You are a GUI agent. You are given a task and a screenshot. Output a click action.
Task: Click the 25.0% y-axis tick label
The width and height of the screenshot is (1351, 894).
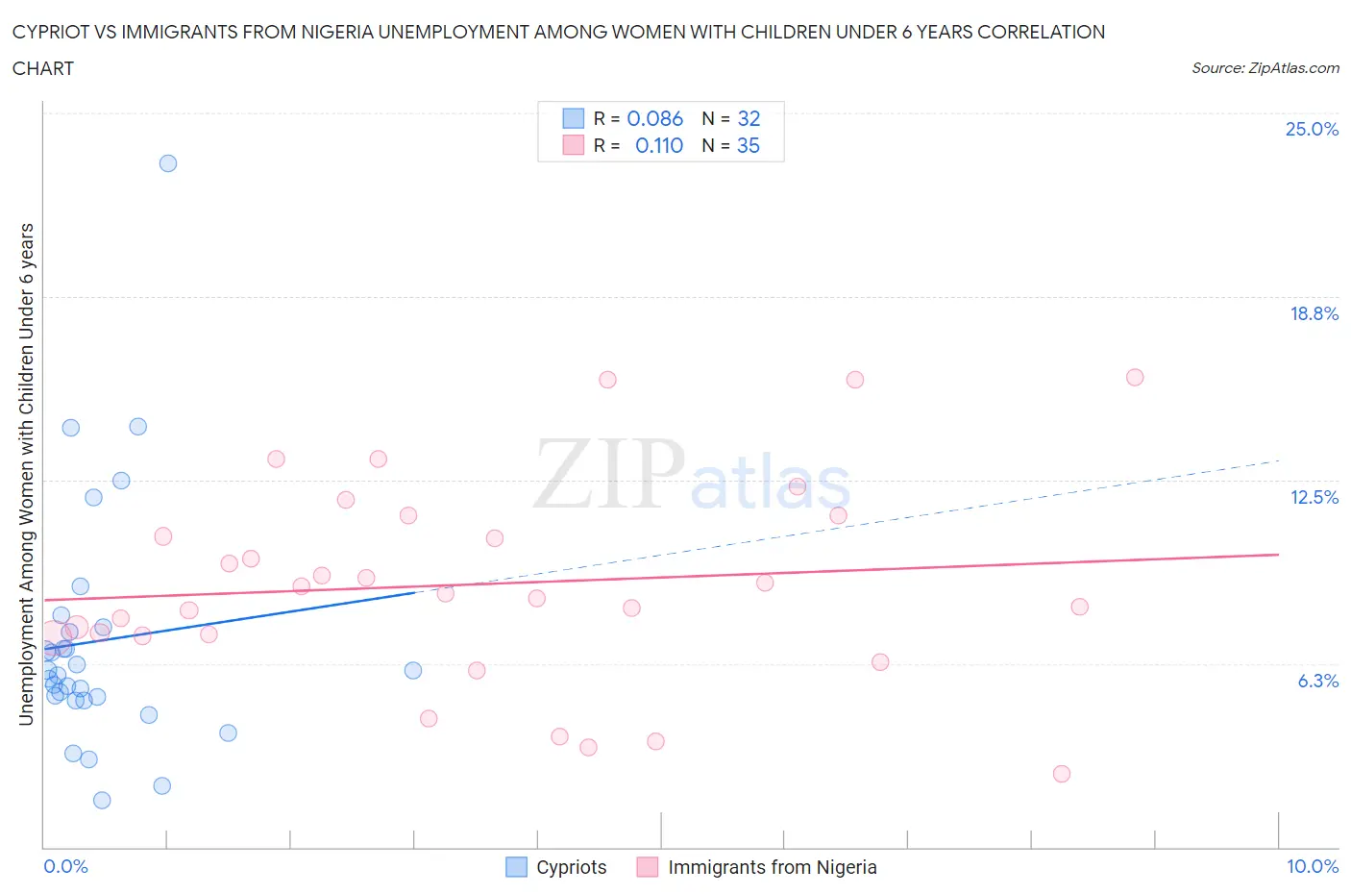pos(1312,129)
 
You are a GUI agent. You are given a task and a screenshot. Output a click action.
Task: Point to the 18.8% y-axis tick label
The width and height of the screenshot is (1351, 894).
pos(1314,313)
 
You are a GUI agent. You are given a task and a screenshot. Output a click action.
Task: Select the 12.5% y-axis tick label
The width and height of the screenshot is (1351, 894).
pos(1314,497)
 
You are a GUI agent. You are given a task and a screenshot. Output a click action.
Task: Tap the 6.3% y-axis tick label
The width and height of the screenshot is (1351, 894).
pos(1317,681)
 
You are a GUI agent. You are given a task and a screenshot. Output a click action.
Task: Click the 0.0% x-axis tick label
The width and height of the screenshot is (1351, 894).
pos(65,866)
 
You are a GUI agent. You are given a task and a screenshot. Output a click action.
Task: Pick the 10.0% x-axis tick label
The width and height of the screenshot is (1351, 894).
pos(1312,866)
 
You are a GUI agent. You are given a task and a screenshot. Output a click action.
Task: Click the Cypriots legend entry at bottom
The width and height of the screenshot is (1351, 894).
pos(557,867)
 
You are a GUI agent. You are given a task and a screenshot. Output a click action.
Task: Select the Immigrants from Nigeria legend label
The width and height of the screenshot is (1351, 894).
pos(772,867)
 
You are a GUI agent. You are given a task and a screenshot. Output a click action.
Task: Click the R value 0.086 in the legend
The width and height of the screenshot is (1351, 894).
pos(654,118)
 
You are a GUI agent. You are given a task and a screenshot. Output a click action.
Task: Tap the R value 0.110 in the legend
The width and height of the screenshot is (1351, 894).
pos(659,145)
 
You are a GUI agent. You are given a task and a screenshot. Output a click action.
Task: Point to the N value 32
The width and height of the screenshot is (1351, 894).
pos(749,118)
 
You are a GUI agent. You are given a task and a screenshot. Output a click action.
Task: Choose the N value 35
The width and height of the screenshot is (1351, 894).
pos(748,145)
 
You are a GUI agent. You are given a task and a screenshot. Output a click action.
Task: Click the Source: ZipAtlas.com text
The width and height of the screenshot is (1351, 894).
pos(1265,67)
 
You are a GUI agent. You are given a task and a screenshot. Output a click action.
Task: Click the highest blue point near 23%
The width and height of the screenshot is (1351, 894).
pos(168,163)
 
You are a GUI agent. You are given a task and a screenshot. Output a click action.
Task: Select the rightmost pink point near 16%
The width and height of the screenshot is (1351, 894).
pos(1135,377)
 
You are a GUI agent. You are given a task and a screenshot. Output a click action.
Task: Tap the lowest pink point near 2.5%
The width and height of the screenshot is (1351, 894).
pos(1062,774)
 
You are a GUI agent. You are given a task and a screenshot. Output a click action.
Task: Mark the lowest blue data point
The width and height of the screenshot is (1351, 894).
pos(102,800)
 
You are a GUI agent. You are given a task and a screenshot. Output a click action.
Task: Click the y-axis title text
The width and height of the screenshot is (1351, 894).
pos(27,474)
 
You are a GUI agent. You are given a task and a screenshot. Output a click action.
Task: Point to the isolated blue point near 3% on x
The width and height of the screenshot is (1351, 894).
pos(413,670)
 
